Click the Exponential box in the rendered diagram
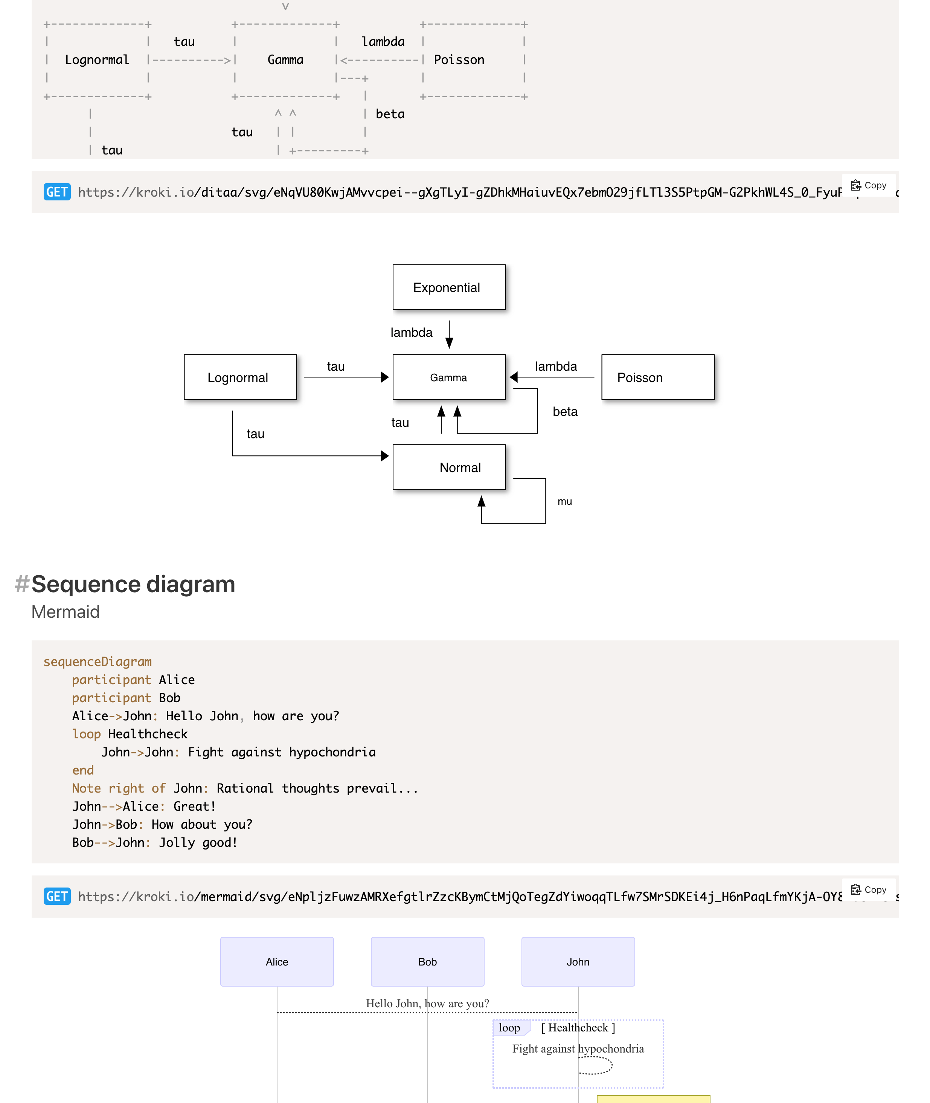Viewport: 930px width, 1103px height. [449, 287]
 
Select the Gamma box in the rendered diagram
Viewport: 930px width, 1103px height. [449, 377]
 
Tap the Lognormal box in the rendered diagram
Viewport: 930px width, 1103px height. [240, 377]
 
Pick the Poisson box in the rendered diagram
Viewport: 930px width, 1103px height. [657, 377]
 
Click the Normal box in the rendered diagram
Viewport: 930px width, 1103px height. [449, 467]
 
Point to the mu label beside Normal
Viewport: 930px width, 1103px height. [565, 501]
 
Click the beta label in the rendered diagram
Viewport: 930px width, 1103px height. [565, 411]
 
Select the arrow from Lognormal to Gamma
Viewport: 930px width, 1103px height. [345, 377]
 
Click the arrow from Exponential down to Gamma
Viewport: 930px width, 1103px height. [449, 334]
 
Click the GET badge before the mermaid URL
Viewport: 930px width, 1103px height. [57, 896]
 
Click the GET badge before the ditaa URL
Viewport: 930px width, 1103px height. [57, 192]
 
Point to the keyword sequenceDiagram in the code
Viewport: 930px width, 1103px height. [98, 661]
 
